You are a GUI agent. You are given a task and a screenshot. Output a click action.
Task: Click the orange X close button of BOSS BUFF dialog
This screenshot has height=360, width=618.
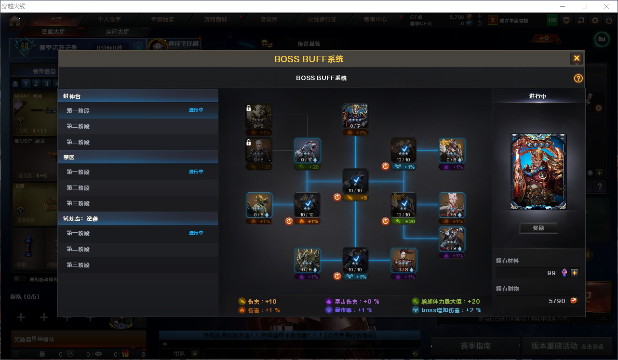tap(577, 59)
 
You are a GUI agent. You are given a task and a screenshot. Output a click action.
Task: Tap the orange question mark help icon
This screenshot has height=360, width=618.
tap(578, 79)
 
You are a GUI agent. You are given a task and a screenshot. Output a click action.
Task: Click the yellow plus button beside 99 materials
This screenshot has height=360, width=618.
tap(574, 273)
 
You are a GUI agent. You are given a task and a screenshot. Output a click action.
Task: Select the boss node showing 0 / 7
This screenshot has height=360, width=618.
tap(355, 116)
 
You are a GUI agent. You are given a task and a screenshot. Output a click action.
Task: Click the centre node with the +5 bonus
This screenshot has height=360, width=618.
tap(355, 182)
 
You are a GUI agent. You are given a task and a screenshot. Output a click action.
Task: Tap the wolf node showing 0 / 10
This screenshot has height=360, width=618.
tap(308, 151)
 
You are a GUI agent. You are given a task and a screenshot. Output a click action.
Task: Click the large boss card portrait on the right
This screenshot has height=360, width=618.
tap(538, 172)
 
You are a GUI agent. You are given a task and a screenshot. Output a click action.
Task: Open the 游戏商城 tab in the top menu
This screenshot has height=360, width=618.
tap(215, 20)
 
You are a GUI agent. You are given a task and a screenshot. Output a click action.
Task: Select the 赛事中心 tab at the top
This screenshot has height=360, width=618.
tap(376, 20)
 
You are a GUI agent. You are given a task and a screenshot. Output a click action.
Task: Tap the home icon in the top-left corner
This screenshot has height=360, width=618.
tap(14, 21)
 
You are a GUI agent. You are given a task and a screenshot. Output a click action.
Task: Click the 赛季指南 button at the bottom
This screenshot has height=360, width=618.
tap(475, 346)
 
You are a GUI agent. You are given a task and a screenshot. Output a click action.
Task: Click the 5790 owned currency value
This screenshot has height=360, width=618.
tap(557, 301)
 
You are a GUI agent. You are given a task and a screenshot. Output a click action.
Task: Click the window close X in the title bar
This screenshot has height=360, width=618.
tap(606, 6)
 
